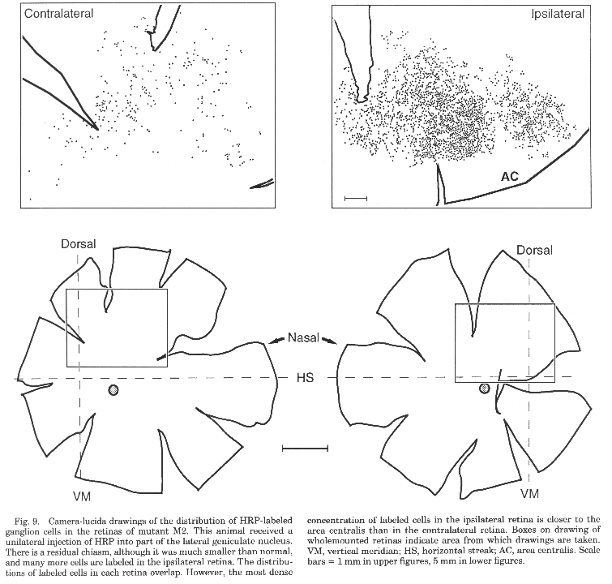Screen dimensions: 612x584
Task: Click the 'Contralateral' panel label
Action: pyautogui.click(x=58, y=14)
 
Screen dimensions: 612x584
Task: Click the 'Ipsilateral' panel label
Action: pyautogui.click(x=558, y=14)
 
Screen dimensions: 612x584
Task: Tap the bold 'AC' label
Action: pyautogui.click(x=510, y=177)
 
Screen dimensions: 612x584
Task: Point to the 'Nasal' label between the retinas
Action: pyautogui.click(x=303, y=337)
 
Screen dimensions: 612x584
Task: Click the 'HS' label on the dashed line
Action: pyautogui.click(x=305, y=378)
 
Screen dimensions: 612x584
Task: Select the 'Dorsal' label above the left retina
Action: pyautogui.click(x=78, y=244)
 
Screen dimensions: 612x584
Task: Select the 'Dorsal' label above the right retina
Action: pyautogui.click(x=534, y=250)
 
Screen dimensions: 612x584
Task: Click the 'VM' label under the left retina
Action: pyautogui.click(x=82, y=496)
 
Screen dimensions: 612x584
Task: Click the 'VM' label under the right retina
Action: pyautogui.click(x=529, y=494)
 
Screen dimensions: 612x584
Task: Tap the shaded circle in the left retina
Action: pyautogui.click(x=113, y=390)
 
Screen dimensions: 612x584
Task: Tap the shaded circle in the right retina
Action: pyautogui.click(x=485, y=389)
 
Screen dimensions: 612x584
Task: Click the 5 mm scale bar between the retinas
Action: pyautogui.click(x=305, y=449)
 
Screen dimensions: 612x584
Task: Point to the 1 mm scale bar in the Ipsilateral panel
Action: pyautogui.click(x=356, y=199)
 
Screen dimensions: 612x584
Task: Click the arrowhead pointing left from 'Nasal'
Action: pyautogui.click(x=273, y=341)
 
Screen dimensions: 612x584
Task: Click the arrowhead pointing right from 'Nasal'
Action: pyautogui.click(x=331, y=341)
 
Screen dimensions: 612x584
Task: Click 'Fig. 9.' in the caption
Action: pyautogui.click(x=26, y=521)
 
